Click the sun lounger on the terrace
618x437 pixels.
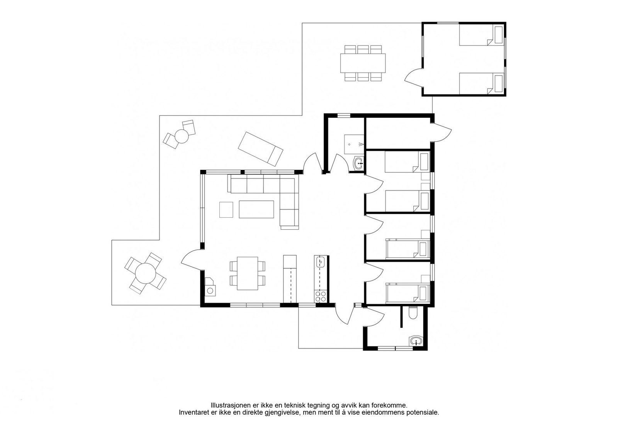tap(260, 149)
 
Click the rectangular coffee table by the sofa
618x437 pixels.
tap(256, 209)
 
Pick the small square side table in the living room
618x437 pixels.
tap(226, 210)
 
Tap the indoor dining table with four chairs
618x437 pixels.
tap(248, 273)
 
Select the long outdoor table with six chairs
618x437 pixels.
tap(363, 63)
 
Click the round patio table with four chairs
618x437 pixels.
tap(145, 273)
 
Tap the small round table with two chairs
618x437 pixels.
tap(180, 135)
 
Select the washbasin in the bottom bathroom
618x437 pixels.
tap(416, 341)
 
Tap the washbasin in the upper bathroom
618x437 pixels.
tap(359, 163)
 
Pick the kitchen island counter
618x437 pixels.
tap(290, 279)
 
